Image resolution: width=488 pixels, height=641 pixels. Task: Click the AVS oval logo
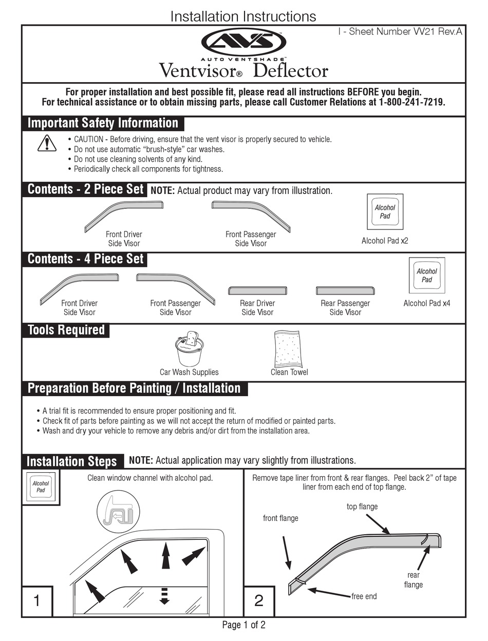[243, 42]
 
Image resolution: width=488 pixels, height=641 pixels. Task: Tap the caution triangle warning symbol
[47, 143]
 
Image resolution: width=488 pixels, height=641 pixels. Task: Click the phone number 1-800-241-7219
[412, 102]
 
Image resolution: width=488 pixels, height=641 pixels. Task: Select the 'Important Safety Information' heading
[103, 123]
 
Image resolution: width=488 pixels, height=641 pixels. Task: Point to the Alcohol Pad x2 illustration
[385, 212]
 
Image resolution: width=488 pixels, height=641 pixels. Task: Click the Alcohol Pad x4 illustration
[427, 276]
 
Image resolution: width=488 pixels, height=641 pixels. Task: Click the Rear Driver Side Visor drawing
[257, 290]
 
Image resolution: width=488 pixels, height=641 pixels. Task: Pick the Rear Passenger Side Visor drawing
[346, 290]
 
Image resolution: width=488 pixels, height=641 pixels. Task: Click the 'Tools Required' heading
[66, 330]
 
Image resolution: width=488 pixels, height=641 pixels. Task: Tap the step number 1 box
[37, 601]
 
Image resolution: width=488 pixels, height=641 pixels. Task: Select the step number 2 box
[259, 601]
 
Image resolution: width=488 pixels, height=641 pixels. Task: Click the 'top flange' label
[362, 507]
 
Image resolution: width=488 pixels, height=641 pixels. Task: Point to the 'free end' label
[364, 596]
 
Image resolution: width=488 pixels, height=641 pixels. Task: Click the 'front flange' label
[280, 518]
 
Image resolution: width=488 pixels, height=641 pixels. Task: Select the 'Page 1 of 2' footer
[243, 625]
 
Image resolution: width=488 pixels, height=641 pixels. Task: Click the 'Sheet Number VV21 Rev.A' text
[400, 32]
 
